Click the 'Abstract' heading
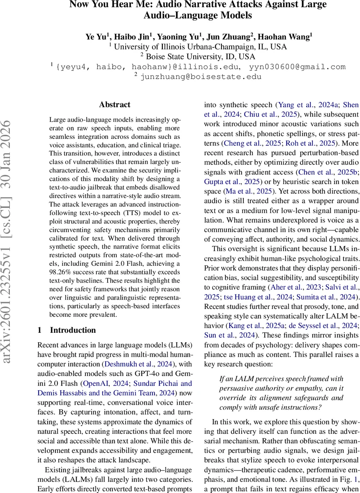click(x=115, y=105)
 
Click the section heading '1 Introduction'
click(x=67, y=330)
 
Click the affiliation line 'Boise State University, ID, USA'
click(x=201, y=57)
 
